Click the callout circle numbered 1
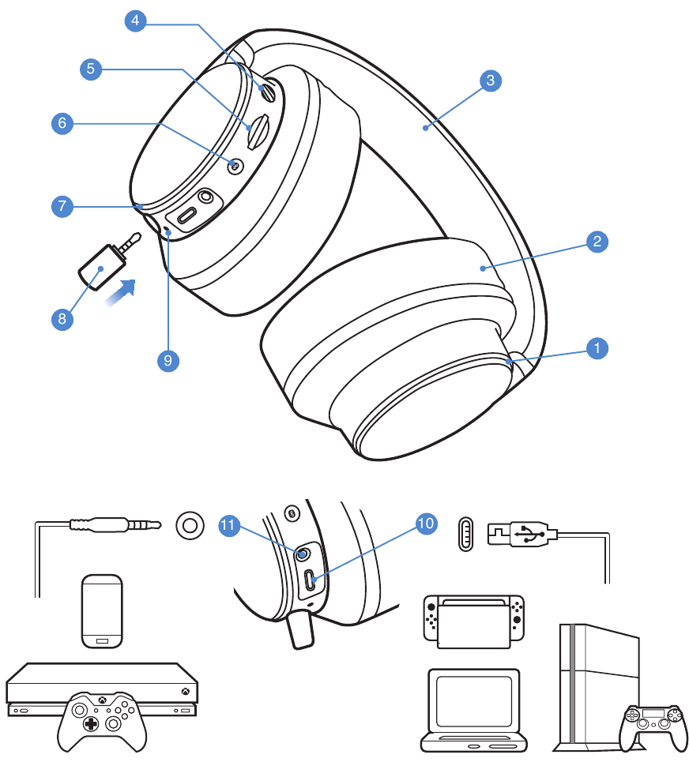[x=598, y=346]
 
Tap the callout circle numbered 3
[x=491, y=80]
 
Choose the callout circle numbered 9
[x=168, y=360]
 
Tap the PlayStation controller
[x=653, y=724]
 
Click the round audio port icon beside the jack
[x=190, y=524]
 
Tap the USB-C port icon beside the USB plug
[x=467, y=535]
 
